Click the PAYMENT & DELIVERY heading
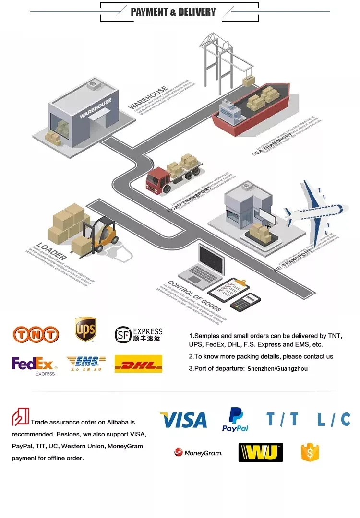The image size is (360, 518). (x=180, y=12)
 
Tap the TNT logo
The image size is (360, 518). (x=36, y=333)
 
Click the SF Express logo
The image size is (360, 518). (x=138, y=334)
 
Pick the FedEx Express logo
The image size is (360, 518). (x=34, y=365)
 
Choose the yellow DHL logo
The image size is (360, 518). (x=138, y=364)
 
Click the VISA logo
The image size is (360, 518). (x=183, y=420)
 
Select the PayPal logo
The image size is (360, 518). (x=235, y=419)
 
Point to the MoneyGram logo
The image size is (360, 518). (x=198, y=452)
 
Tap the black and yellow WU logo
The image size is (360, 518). (x=260, y=452)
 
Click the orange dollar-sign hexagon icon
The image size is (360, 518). (x=310, y=452)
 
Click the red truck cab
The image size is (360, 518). (x=156, y=179)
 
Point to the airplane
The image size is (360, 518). (x=314, y=211)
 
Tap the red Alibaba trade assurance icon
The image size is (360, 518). (x=20, y=416)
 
